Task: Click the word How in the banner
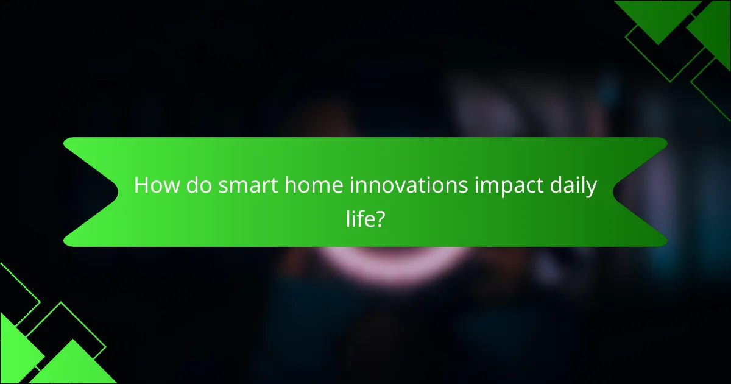pos(154,186)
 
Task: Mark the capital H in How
pos(141,186)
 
